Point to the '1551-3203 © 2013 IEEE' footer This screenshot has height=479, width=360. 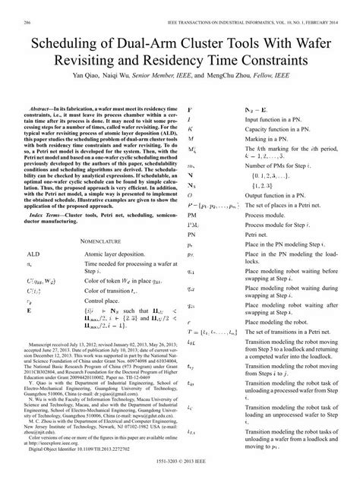180,471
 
